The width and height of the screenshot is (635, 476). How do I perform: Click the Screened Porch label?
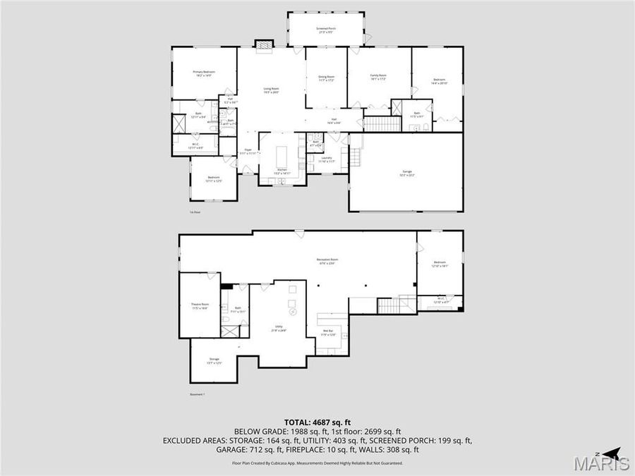(x=326, y=30)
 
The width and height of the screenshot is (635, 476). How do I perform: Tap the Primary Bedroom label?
(x=204, y=73)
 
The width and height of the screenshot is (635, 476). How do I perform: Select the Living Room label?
(x=271, y=90)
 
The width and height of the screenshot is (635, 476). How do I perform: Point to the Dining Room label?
(x=326, y=78)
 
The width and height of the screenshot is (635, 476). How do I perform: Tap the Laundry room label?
(x=325, y=159)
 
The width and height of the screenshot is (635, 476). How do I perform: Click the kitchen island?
(x=282, y=154)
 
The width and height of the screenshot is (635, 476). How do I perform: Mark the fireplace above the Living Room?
(x=264, y=44)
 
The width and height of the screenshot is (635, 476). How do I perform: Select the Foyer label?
(x=248, y=151)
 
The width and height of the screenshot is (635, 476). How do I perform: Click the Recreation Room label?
(x=325, y=262)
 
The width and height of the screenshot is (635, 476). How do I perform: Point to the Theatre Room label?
(x=200, y=306)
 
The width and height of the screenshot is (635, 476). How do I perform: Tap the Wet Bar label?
(x=328, y=332)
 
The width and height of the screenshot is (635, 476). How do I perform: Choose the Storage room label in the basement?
(x=214, y=362)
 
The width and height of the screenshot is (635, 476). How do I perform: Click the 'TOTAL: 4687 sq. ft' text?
(x=317, y=422)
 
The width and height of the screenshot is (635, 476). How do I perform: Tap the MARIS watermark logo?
(x=601, y=463)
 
